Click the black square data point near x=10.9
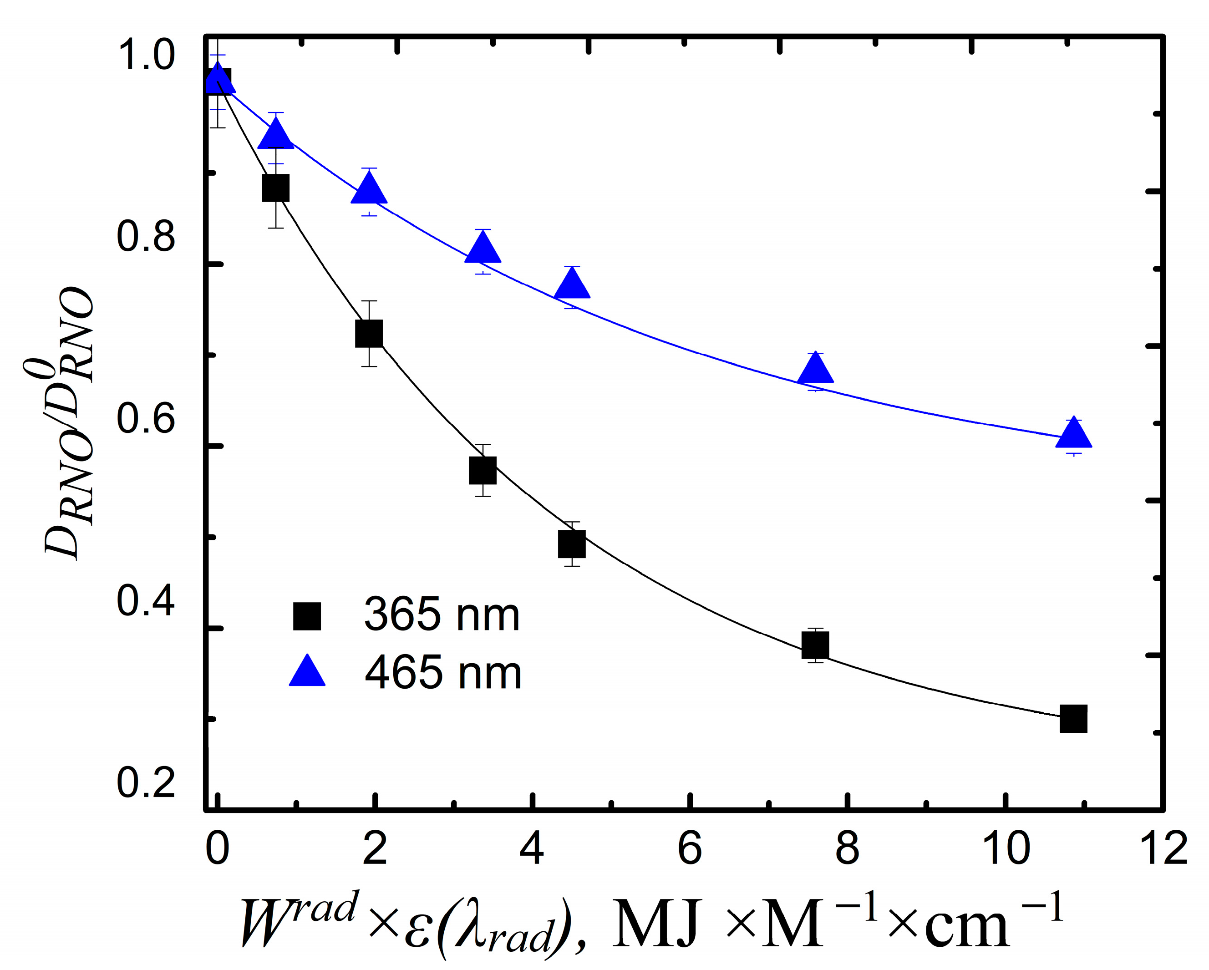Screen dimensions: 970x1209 click(1073, 719)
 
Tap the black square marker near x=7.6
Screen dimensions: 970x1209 click(815, 645)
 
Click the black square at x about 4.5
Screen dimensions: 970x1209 click(571, 544)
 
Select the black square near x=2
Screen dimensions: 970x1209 click(369, 334)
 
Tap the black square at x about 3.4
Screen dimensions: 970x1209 click(482, 470)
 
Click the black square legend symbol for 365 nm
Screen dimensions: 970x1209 click(307, 616)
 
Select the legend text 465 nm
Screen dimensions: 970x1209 click(442, 673)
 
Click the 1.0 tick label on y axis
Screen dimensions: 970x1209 click(145, 55)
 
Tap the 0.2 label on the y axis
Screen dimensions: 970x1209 click(145, 783)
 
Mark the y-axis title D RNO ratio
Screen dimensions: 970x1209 click(67, 426)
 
